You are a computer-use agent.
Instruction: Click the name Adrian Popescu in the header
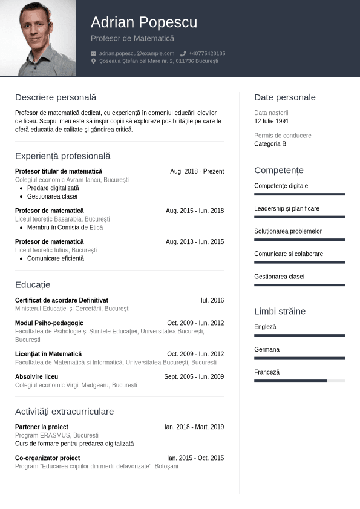pos(144,22)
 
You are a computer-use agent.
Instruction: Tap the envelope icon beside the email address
pos(93,53)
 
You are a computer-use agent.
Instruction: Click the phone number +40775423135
pos(206,53)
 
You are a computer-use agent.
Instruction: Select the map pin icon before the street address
pos(93,61)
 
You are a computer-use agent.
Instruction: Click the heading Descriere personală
pos(56,97)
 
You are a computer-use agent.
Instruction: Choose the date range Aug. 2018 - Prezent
pos(197,172)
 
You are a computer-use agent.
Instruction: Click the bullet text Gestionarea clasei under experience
pos(52,197)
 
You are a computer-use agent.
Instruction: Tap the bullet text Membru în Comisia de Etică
pos(65,228)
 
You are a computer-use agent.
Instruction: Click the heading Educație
pos(33,284)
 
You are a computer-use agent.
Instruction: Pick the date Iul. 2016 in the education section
pos(212,300)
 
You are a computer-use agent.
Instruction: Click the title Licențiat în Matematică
pos(48,354)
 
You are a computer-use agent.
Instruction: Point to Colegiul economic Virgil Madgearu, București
pos(76,385)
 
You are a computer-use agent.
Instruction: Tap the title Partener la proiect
pos(42,427)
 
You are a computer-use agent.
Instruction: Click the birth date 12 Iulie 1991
pos(272,121)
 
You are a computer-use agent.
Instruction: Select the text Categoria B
pos(270,144)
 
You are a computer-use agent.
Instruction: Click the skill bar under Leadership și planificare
pos(299,217)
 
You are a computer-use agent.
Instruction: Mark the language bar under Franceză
pos(299,381)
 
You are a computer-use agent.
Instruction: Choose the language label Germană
pos(267,350)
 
